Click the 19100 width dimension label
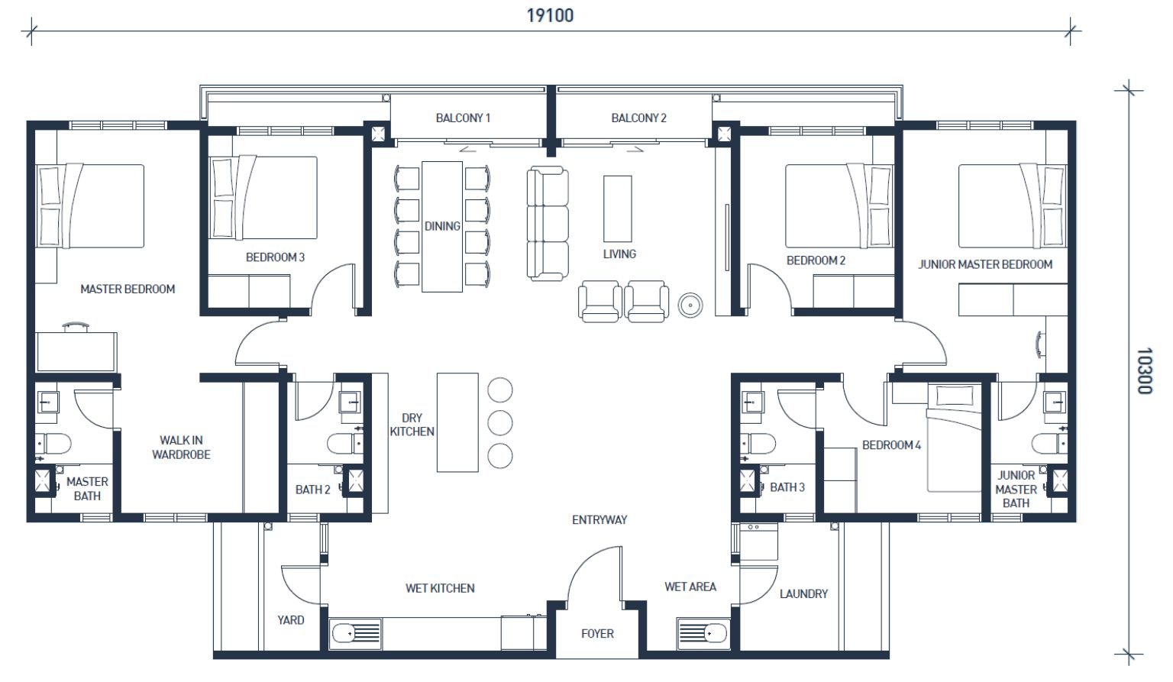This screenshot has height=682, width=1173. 550,16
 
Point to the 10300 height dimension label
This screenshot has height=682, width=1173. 1146,370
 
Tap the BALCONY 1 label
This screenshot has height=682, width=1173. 463,118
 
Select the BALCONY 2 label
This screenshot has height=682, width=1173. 639,118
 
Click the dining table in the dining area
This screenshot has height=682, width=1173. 442,226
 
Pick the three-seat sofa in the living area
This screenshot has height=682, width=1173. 548,224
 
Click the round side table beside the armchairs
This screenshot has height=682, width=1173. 690,305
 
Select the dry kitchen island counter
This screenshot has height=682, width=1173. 457,422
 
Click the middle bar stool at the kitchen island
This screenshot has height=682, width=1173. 500,422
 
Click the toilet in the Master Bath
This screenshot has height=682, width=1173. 53,444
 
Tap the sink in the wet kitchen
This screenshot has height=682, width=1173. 356,634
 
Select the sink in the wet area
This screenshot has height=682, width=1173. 703,634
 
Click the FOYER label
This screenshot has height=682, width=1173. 597,634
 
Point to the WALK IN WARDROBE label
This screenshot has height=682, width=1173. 181,448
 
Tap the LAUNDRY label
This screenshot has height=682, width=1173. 804,594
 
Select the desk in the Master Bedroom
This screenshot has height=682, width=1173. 76,352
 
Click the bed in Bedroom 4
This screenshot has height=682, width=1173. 954,438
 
